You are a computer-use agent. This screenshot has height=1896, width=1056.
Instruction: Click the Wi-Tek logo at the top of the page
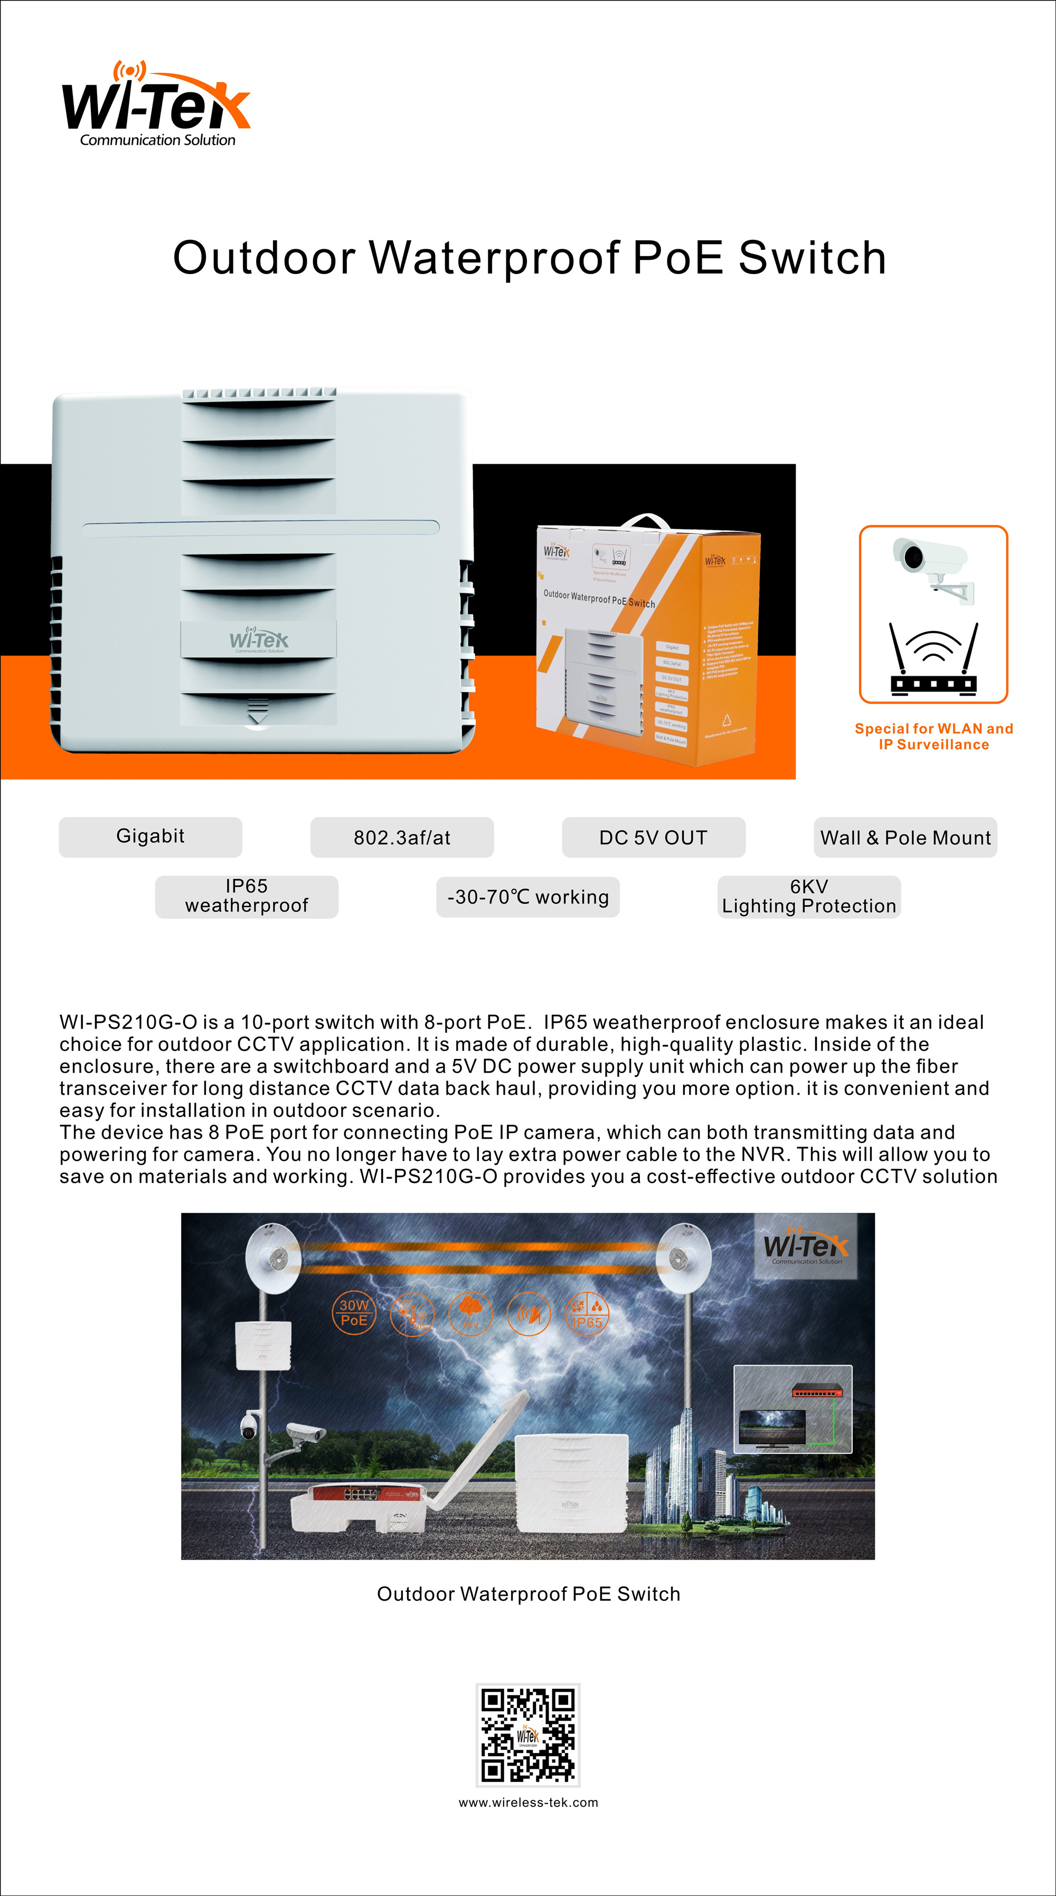point(156,105)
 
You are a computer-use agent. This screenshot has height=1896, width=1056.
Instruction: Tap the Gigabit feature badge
point(150,837)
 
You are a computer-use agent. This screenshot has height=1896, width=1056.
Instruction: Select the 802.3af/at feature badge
point(402,838)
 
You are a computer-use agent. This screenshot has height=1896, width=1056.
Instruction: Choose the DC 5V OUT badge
point(654,838)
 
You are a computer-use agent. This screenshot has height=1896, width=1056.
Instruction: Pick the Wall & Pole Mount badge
point(905,838)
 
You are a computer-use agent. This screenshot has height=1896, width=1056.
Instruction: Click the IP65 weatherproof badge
point(247,896)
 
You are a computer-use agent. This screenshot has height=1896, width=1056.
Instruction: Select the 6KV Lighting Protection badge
point(809,896)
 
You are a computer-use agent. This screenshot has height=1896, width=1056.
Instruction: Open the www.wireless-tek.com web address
point(527,1803)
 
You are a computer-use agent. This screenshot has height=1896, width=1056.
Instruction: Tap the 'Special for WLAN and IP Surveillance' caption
point(933,736)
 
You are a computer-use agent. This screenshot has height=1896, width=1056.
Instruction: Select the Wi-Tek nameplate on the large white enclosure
point(259,639)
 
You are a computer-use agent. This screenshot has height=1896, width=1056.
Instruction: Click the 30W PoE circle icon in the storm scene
point(354,1312)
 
